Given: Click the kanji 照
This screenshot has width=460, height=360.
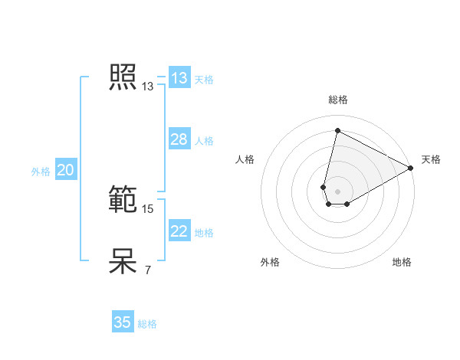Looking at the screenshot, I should point(123,77).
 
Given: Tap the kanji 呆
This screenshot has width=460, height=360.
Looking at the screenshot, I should point(123,261).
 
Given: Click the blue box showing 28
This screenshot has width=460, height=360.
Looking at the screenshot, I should point(179,139).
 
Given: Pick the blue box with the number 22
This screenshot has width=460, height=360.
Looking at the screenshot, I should point(179,231).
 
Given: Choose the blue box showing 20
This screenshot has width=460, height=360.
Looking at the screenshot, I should point(65,171).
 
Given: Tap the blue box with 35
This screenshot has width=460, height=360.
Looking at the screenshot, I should point(123,322).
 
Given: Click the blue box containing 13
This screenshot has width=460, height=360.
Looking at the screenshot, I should point(179,78).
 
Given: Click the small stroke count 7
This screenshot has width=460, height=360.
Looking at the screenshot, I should point(147,270).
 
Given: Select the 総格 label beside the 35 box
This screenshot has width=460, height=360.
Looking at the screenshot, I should point(147,324).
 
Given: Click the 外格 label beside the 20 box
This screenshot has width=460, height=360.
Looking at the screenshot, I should point(41,172).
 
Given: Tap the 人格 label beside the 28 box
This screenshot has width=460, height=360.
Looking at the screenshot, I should point(204,141).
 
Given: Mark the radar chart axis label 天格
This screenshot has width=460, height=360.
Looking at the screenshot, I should point(431,159).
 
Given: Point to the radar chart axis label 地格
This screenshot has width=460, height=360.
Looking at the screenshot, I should point(402,262).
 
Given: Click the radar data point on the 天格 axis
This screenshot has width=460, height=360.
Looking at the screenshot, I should point(411,168).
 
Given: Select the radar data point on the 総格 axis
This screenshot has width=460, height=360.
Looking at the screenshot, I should point(337,130).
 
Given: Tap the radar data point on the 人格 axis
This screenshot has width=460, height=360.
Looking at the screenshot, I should point(324,187).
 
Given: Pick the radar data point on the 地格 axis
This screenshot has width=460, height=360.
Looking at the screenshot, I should point(347,204).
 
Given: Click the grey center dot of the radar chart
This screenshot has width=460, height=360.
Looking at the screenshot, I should point(338,191).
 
